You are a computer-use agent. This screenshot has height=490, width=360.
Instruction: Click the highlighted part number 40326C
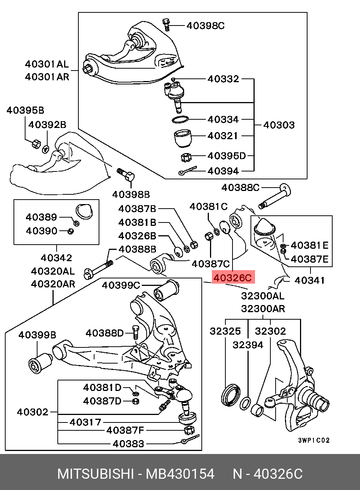[x=233, y=278]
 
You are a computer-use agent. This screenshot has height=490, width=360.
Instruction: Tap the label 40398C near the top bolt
[x=205, y=26]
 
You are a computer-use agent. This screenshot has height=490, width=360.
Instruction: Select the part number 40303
[x=279, y=125]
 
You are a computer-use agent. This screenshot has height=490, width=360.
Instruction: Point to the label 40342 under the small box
[x=56, y=258]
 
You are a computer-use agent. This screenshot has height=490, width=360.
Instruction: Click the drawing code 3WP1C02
[x=314, y=440]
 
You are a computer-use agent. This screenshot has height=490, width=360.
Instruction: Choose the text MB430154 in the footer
[x=180, y=474]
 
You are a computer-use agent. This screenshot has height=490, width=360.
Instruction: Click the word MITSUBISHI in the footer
[x=96, y=474]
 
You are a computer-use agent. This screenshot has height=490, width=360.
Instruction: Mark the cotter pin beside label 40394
[x=187, y=170]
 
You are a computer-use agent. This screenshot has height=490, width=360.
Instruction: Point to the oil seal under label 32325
[x=231, y=396]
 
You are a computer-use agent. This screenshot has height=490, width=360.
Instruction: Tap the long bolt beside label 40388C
[x=275, y=196]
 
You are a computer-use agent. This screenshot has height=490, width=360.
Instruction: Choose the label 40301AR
[x=47, y=77]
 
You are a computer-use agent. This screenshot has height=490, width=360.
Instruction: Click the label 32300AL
[x=263, y=296]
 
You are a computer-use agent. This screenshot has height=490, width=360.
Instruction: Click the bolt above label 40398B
[x=126, y=174]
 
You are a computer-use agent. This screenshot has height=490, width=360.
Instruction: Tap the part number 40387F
[x=125, y=430]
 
